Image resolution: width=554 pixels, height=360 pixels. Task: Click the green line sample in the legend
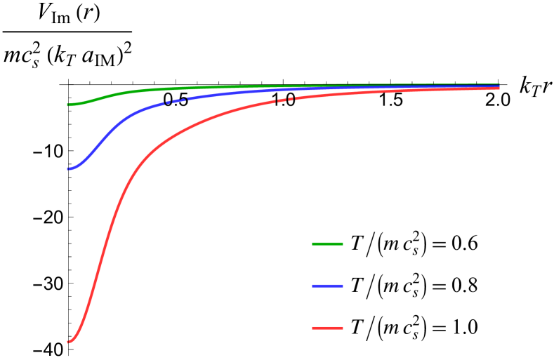click(x=327, y=244)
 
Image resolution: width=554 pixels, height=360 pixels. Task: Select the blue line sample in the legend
click(x=327, y=286)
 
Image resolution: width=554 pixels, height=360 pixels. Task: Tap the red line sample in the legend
click(x=327, y=328)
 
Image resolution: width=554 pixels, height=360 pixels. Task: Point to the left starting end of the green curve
click(x=68, y=105)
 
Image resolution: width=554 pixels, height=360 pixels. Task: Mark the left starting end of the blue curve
click(x=68, y=169)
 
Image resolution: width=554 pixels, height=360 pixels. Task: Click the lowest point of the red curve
click(x=68, y=342)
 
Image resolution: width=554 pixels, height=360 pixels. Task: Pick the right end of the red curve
click(x=499, y=88)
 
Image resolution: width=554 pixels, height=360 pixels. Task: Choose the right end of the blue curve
click(x=499, y=85)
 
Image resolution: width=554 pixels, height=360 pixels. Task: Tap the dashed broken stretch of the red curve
click(x=288, y=100)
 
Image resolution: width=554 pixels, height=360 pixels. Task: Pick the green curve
click(x=176, y=88)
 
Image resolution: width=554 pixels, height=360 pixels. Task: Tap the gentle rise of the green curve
click(x=105, y=97)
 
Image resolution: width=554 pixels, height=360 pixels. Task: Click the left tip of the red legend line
click(x=312, y=328)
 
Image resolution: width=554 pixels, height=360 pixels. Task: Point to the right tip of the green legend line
click(x=343, y=244)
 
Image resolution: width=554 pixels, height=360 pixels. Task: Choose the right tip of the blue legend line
click(x=343, y=286)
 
